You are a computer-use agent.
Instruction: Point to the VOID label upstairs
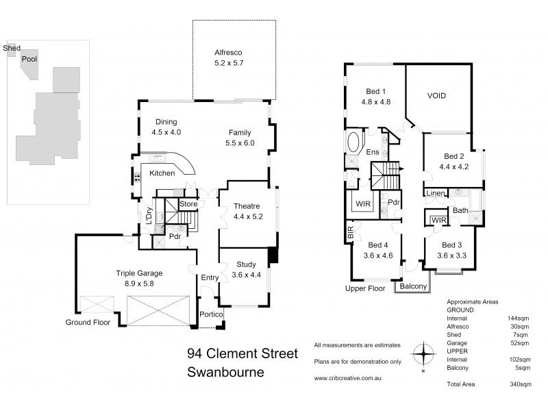tap(437, 96)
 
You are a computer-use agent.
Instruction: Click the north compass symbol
tap(425, 355)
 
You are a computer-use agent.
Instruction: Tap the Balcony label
tap(413, 286)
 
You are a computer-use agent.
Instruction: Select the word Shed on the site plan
tap(12, 49)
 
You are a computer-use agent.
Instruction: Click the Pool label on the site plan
tap(29, 60)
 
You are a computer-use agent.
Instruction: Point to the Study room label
tap(246, 264)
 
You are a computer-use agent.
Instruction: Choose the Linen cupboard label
tap(436, 195)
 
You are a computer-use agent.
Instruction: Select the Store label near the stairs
tap(188, 203)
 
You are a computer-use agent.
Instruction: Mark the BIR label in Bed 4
tap(351, 235)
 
